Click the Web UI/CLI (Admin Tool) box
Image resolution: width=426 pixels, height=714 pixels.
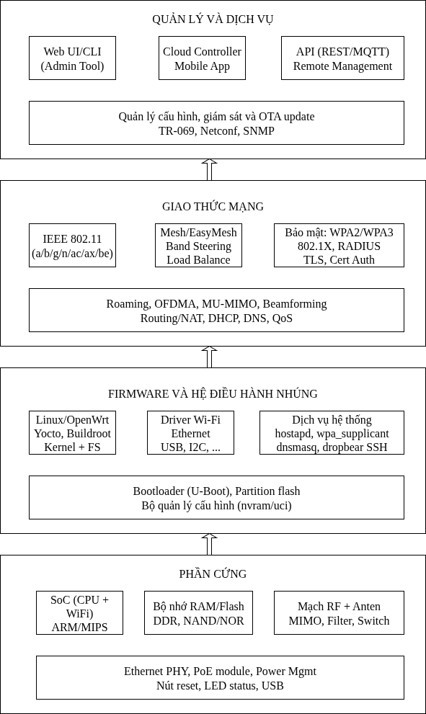coord(73,58)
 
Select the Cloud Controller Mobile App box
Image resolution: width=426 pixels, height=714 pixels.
coord(203,58)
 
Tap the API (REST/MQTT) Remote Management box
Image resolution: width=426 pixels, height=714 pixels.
coord(342,58)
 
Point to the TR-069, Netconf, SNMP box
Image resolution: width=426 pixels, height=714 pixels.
coord(216,123)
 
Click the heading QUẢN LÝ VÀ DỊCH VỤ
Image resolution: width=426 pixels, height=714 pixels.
coord(213,19)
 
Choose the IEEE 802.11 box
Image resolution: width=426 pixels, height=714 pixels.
coord(73,246)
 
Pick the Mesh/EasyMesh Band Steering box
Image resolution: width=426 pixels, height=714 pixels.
coord(199,246)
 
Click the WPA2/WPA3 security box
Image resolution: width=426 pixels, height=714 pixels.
coord(339,246)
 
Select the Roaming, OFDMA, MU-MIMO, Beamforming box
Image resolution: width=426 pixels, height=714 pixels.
coord(216,310)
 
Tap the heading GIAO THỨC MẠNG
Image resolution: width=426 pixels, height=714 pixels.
coord(213,207)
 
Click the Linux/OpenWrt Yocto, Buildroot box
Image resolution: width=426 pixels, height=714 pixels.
coord(73,432)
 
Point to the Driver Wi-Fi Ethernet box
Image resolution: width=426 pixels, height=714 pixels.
coord(190,432)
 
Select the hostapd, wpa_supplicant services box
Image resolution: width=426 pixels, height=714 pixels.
coord(332,432)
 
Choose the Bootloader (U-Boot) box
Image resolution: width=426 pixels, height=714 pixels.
coord(216,498)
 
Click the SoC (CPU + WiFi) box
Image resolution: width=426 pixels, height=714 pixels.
coord(80,613)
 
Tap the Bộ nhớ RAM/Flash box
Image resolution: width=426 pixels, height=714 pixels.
coord(199,613)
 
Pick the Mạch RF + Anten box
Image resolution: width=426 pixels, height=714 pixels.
coord(339,613)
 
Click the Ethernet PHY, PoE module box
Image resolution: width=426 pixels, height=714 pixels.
coord(220,677)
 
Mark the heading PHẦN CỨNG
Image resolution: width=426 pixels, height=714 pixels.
coord(213,574)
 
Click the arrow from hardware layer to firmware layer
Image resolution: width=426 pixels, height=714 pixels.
coord(209,545)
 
